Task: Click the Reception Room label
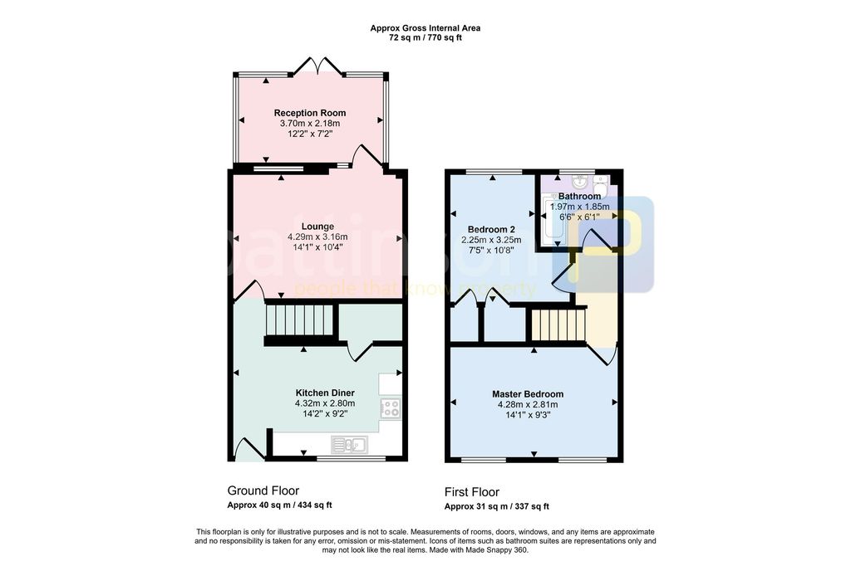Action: [310, 113]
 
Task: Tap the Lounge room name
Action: [317, 226]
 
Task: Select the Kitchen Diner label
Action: [325, 393]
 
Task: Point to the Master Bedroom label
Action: [528, 394]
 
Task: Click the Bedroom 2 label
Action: [491, 229]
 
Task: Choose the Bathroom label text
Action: [579, 196]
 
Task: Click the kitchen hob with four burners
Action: [391, 408]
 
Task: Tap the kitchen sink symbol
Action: [349, 445]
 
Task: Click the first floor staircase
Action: [558, 324]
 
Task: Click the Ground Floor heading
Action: [263, 490]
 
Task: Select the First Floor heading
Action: [472, 492]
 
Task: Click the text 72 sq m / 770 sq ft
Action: [425, 38]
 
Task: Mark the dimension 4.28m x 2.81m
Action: [528, 404]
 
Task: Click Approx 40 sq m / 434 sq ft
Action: [279, 505]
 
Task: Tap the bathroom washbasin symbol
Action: [578, 181]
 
